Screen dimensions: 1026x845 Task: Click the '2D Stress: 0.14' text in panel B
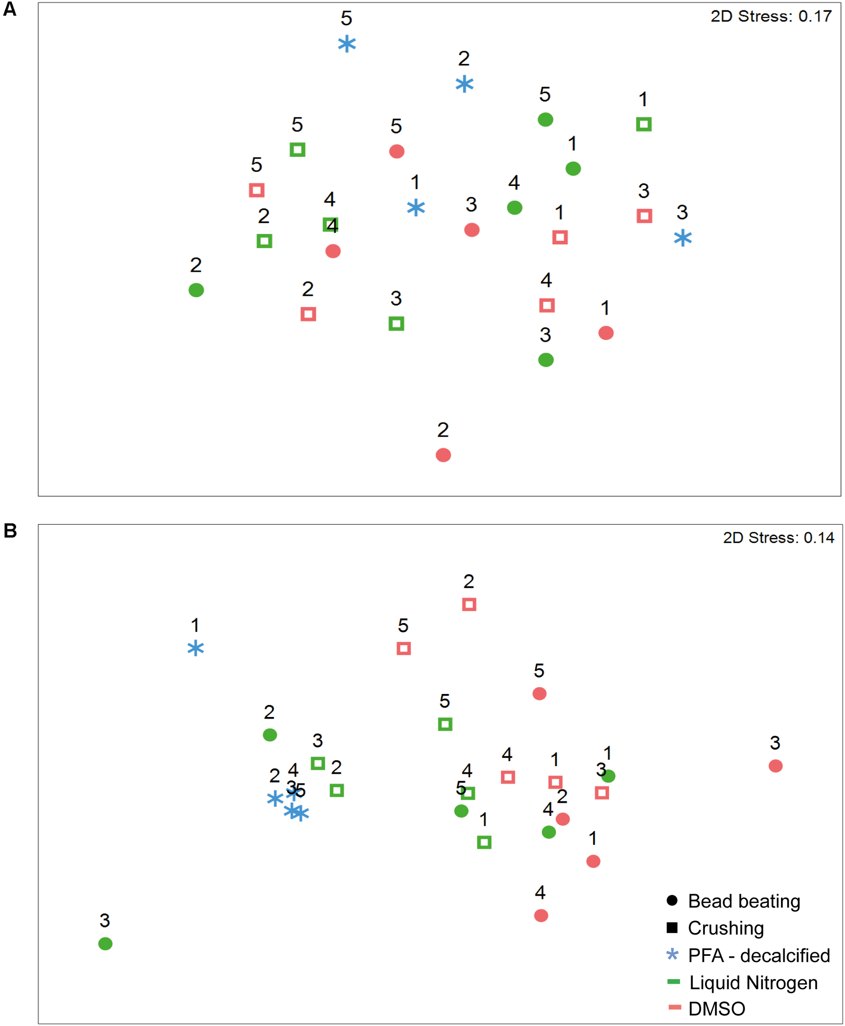pyautogui.click(x=778, y=538)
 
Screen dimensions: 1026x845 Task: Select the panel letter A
pyautogui.click(x=10, y=9)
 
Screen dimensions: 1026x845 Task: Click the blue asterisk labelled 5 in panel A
pyautogui.click(x=347, y=44)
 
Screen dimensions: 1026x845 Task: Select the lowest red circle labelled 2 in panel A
pyautogui.click(x=443, y=455)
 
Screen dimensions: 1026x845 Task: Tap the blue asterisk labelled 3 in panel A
pyautogui.click(x=683, y=238)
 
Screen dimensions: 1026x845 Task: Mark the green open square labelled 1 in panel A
pyautogui.click(x=644, y=124)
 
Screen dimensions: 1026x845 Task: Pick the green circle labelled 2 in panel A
pyautogui.click(x=196, y=290)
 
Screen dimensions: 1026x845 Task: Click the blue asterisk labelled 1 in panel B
pyautogui.click(x=196, y=648)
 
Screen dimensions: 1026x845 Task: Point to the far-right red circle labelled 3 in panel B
pyautogui.click(x=775, y=766)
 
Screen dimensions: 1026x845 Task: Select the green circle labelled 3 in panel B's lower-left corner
pyautogui.click(x=105, y=944)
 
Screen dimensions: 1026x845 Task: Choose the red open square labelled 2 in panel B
pyautogui.click(x=469, y=604)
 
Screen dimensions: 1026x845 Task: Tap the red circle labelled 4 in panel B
pyautogui.click(x=541, y=916)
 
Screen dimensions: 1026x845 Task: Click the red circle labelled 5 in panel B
pyautogui.click(x=539, y=694)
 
